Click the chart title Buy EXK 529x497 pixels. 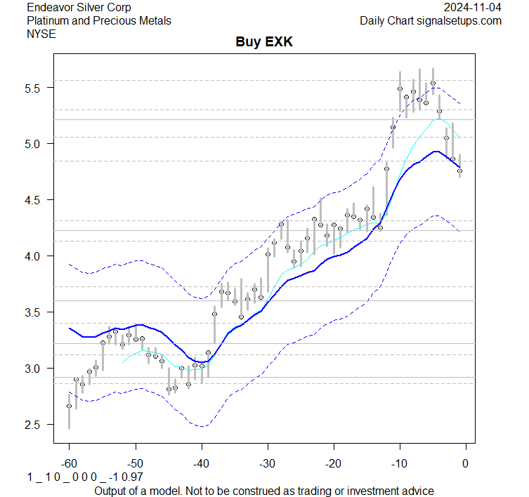(263, 43)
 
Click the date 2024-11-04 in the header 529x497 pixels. (473, 8)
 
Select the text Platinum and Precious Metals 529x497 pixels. (99, 20)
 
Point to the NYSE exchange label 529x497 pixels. (41, 33)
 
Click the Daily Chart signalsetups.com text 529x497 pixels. (431, 20)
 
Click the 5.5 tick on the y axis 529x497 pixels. (35, 88)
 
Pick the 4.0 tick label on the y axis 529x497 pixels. (35, 256)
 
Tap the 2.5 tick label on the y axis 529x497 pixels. (35, 425)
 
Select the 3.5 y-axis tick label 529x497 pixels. (35, 312)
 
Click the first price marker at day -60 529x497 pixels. (69, 406)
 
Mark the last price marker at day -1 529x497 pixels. (459, 171)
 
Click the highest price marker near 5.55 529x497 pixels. (433, 83)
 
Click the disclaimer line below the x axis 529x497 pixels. (263, 491)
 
